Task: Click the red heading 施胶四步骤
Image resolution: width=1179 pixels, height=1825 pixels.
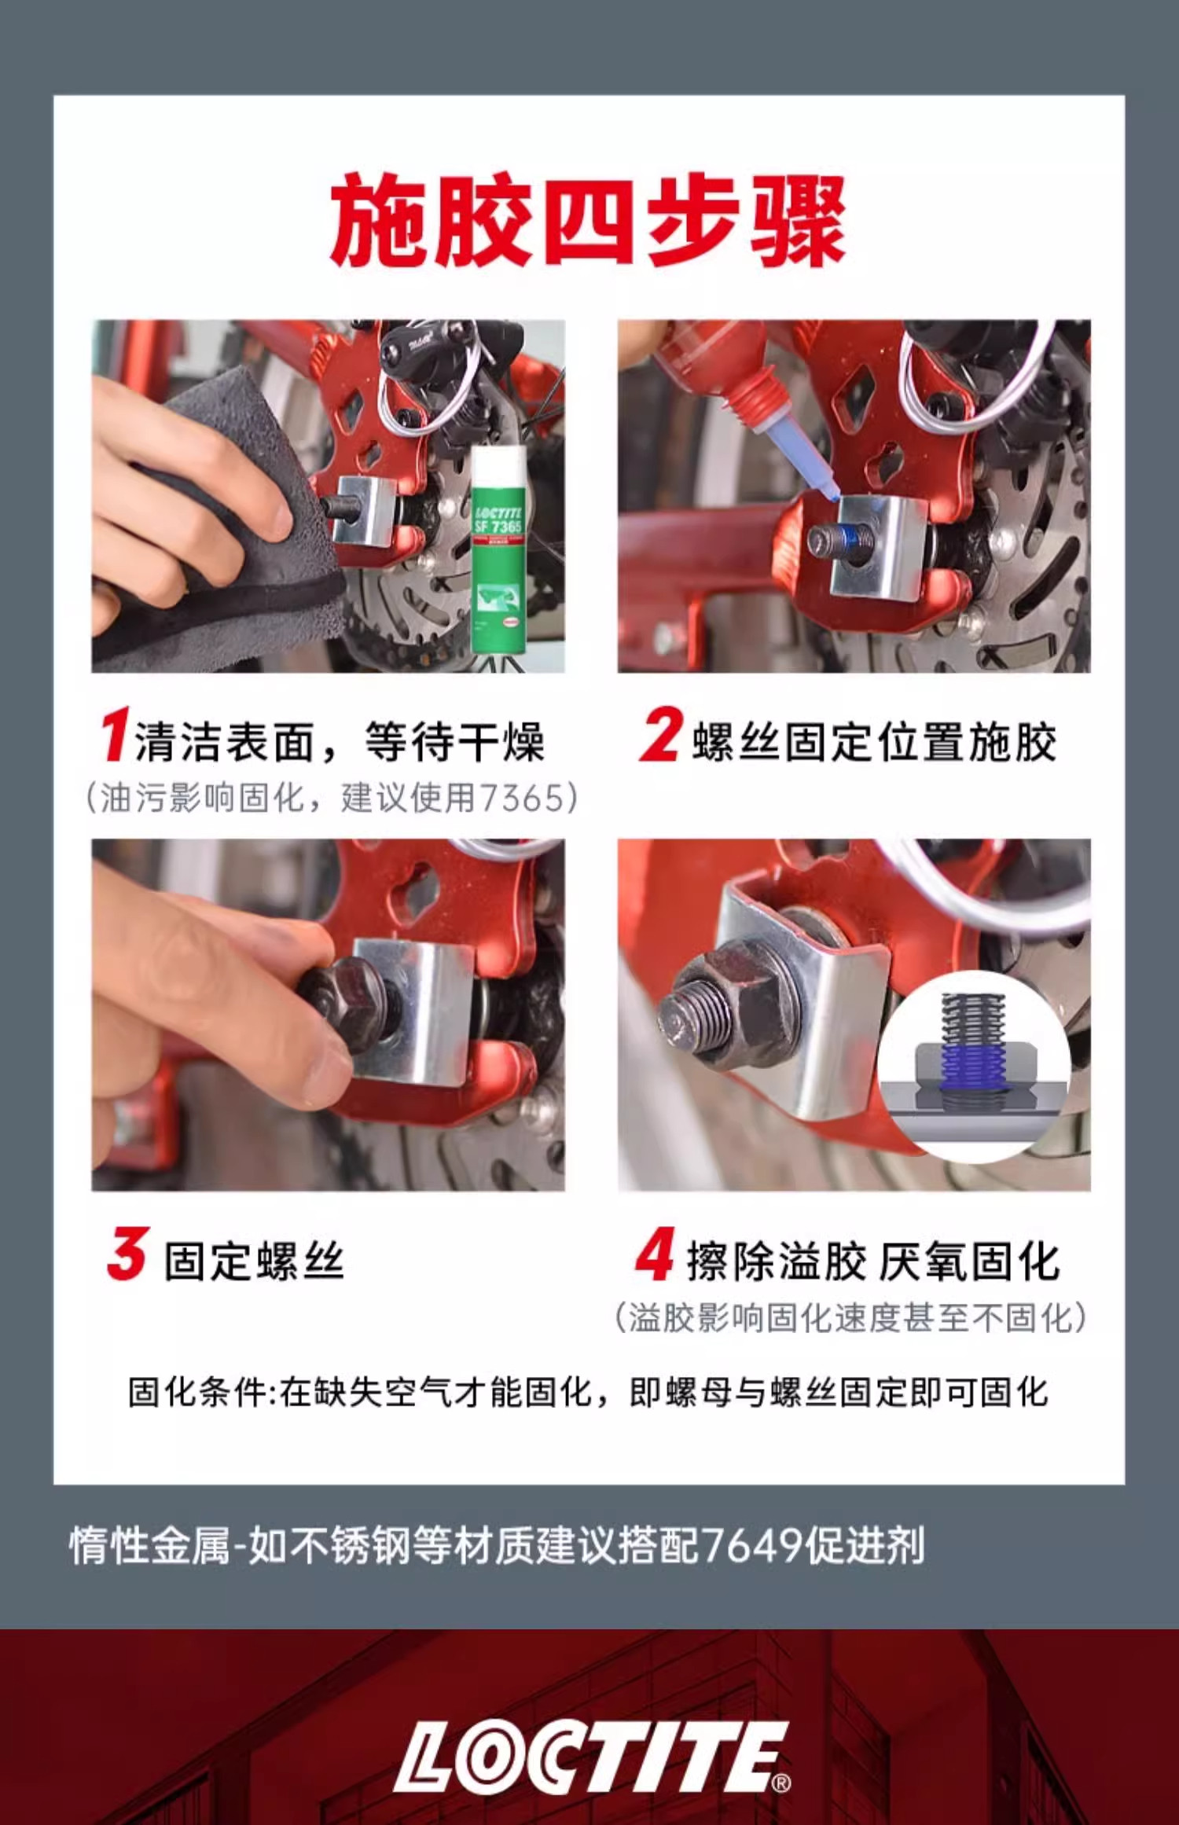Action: click(x=588, y=220)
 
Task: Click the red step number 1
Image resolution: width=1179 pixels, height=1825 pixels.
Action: click(x=115, y=734)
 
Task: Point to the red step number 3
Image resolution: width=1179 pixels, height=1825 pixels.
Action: click(x=127, y=1253)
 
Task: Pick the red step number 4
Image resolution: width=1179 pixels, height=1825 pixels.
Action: click(x=655, y=1253)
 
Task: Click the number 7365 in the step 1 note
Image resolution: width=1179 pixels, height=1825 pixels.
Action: click(x=523, y=798)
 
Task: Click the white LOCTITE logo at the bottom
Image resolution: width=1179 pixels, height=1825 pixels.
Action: click(x=591, y=1757)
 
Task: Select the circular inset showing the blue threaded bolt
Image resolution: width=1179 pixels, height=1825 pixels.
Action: click(x=973, y=1067)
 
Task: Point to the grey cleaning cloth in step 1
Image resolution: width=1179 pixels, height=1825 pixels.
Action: click(x=228, y=527)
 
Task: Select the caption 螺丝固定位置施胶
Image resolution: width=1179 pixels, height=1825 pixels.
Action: click(x=873, y=742)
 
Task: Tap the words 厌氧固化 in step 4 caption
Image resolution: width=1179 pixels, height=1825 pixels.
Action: click(x=969, y=1261)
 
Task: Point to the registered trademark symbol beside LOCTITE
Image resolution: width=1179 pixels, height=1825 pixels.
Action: click(x=781, y=1783)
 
